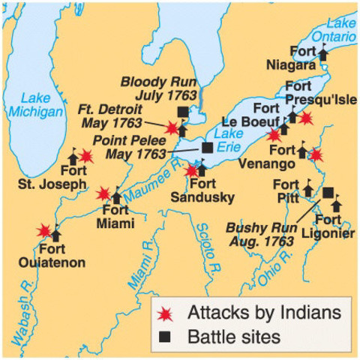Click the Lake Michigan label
click(31, 105)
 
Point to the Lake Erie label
click(226, 140)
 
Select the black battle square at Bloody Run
click(182, 112)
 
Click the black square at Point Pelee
click(206, 148)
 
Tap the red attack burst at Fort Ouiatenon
click(45, 230)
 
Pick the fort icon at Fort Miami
click(116, 196)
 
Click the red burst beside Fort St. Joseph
click(87, 156)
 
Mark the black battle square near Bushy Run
click(328, 193)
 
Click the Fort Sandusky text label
click(212, 191)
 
